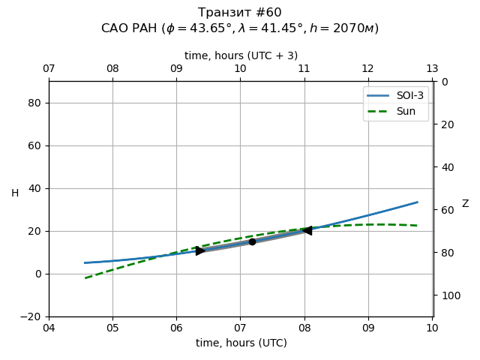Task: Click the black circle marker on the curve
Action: pyautogui.click(x=252, y=241)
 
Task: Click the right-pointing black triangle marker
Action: pyautogui.click(x=200, y=250)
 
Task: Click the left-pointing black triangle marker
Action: pyautogui.click(x=307, y=230)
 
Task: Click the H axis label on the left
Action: pyautogui.click(x=15, y=193)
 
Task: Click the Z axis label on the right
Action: pyautogui.click(x=465, y=204)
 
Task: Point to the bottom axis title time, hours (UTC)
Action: pyautogui.click(x=241, y=343)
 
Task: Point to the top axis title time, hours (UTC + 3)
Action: pyautogui.click(x=241, y=55)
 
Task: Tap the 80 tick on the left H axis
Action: pyautogui.click(x=34, y=103)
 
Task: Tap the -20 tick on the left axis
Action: pyautogui.click(x=32, y=316)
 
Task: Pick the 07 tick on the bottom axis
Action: pyautogui.click(x=240, y=328)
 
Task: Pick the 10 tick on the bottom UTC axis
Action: pyautogui.click(x=432, y=328)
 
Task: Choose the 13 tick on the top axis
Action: pyautogui.click(x=432, y=69)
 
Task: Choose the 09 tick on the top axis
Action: pyautogui.click(x=176, y=69)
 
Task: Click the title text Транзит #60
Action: pyautogui.click(x=240, y=13)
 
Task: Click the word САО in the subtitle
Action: pyautogui.click(x=115, y=28)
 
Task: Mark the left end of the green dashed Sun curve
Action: pyautogui.click(x=85, y=278)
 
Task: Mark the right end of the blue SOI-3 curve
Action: pyautogui.click(x=417, y=202)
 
